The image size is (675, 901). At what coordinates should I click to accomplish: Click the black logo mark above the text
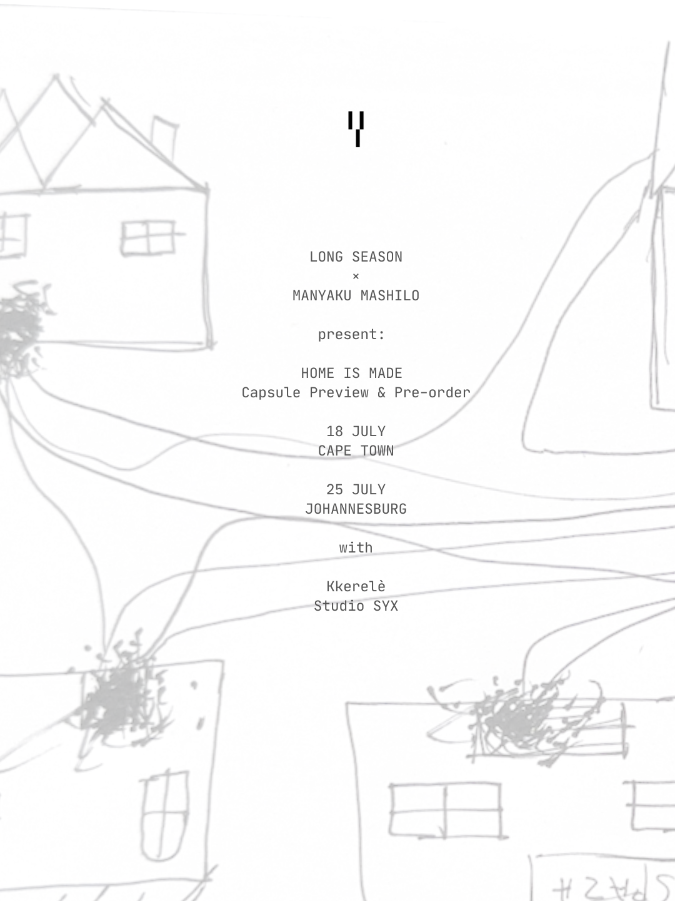coord(356,129)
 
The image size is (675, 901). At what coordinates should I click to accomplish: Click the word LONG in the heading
coord(326,257)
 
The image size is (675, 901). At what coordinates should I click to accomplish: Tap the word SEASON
coord(377,257)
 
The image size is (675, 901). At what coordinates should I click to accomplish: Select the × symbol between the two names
coord(356,277)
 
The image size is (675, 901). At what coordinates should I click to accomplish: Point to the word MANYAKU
coord(322,295)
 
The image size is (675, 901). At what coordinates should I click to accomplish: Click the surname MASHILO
coord(390,295)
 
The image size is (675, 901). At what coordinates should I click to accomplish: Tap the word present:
coord(352,335)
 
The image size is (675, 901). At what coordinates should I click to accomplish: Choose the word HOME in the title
coord(317,373)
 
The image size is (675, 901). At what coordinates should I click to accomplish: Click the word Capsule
coord(271,393)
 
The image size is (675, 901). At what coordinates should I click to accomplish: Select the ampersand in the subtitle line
coord(381,393)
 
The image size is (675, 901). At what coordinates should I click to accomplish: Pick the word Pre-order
coord(432,393)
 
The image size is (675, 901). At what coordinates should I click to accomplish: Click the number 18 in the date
coord(334,431)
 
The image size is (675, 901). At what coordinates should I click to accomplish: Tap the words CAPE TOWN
coord(356,450)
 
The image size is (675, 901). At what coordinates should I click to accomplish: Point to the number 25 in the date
coord(334,490)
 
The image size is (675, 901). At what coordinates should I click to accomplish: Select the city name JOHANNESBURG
coord(356,509)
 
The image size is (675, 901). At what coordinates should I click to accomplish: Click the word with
coord(356,547)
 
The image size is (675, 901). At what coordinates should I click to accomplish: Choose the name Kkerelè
coord(356,586)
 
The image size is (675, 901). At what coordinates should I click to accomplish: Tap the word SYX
coord(385,606)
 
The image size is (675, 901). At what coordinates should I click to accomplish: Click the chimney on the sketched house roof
coord(164,138)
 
